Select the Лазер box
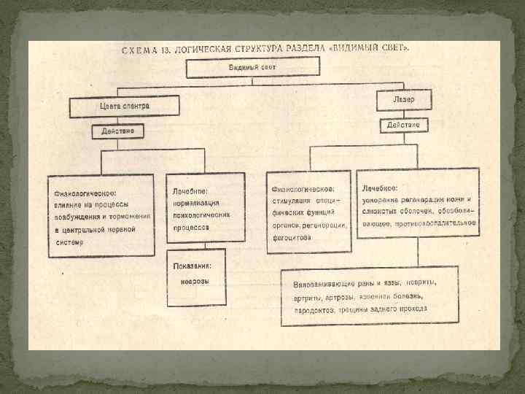coord(403,98)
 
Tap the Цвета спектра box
coord(124,107)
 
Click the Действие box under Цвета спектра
coord(117,132)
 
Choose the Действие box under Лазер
coord(403,125)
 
